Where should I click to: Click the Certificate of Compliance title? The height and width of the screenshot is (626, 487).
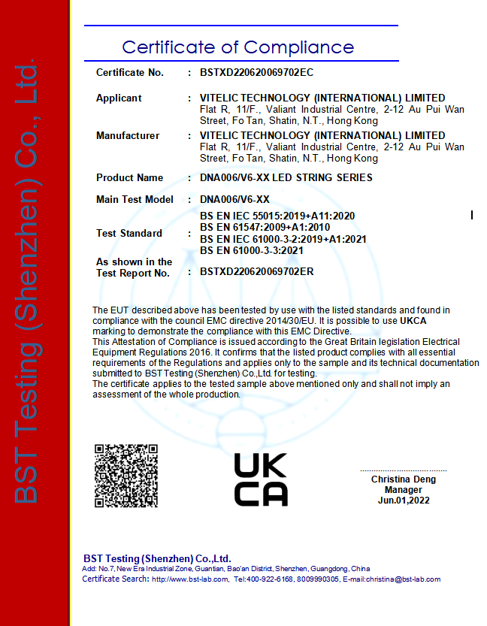[237, 47]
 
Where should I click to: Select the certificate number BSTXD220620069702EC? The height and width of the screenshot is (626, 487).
[256, 73]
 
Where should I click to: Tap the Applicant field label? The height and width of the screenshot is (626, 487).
[119, 98]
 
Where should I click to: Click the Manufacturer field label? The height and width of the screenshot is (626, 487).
[128, 136]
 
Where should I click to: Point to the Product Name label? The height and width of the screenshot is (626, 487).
[129, 178]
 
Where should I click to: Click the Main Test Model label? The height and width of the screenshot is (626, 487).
[135, 200]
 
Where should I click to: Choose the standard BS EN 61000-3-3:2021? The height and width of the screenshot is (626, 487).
[251, 249]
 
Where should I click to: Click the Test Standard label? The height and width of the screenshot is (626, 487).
[129, 234]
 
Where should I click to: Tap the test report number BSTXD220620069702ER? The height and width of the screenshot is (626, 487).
[256, 271]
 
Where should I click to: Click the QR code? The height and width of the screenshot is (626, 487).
[126, 476]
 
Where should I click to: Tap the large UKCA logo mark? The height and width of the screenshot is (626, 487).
[261, 479]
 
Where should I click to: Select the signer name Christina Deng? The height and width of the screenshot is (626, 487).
[403, 479]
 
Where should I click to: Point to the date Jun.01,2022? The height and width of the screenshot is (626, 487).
[403, 500]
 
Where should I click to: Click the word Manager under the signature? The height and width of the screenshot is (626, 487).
[403, 490]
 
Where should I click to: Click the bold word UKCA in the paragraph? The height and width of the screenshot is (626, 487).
[413, 321]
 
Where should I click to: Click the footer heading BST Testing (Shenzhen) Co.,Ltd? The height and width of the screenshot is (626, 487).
[156, 559]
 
